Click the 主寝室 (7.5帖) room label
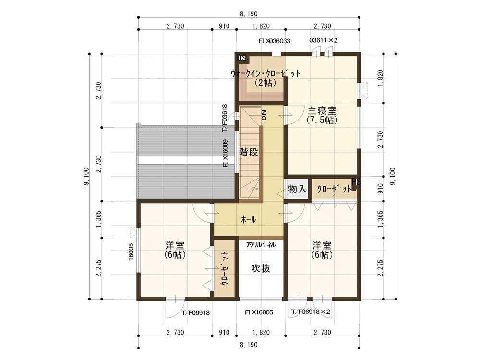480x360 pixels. point(322,116)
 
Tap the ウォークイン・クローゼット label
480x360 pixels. point(265,78)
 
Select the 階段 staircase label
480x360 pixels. point(249,153)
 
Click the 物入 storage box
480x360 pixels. point(297,189)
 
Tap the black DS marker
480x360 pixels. point(242,58)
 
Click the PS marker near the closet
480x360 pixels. point(356,181)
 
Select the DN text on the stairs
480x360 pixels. point(264,115)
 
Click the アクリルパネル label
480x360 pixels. point(261,244)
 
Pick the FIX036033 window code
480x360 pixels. point(274,41)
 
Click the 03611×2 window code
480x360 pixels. point(324,41)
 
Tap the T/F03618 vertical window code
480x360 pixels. point(225,118)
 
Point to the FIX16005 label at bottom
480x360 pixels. point(259,312)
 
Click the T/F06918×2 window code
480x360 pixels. point(311,312)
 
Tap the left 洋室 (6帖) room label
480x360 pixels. point(174,249)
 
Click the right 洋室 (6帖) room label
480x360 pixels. point(322,249)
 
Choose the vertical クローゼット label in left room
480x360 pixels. point(224,269)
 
